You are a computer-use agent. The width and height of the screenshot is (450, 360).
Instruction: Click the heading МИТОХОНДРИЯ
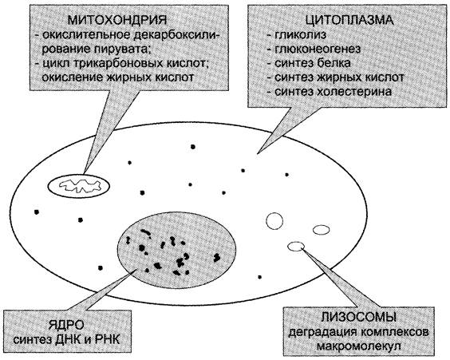117,20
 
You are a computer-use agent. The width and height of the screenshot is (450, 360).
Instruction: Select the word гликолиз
301,35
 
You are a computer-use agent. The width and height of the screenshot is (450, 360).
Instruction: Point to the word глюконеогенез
318,49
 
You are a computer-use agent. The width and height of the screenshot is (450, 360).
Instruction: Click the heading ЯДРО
66,325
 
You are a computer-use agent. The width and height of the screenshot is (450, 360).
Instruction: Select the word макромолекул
358,346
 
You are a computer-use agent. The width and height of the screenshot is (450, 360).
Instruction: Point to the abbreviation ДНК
68,340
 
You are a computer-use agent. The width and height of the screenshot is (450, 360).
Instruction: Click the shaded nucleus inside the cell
177,250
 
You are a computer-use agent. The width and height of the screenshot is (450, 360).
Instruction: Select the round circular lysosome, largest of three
274,221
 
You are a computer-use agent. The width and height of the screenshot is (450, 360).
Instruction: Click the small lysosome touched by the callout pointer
296,246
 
